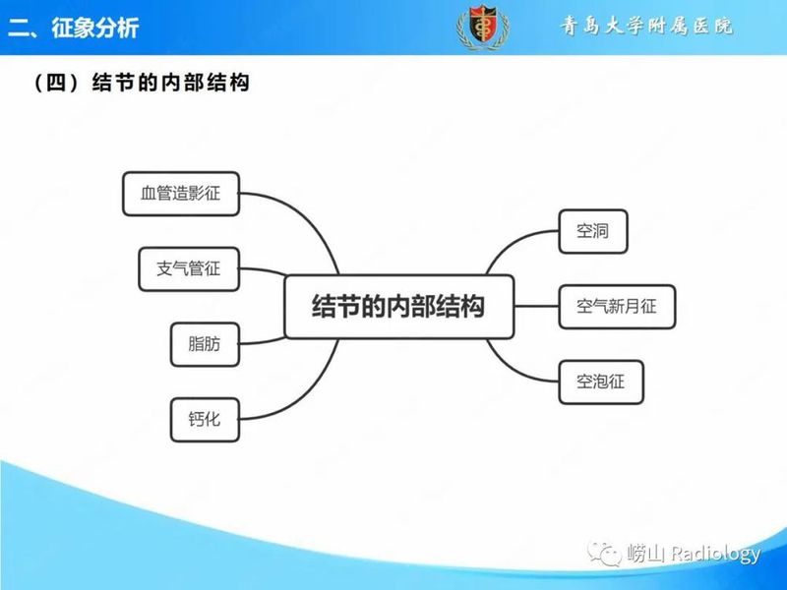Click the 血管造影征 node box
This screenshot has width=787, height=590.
point(182,194)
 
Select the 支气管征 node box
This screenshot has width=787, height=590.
point(189,268)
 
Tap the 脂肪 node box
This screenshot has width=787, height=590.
point(204,344)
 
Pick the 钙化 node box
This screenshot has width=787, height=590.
point(204,420)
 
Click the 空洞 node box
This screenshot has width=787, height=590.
point(592,232)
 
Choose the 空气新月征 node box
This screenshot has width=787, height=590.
point(617,306)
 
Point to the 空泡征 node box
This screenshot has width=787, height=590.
point(601,381)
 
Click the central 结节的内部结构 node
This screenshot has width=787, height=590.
point(398,306)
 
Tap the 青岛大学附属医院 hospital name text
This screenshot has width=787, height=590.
point(646,27)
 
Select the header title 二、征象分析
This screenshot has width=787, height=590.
point(74,28)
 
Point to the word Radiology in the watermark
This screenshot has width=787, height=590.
point(715,555)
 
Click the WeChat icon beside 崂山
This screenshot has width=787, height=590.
point(608,555)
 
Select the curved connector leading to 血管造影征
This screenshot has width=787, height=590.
point(305,216)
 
